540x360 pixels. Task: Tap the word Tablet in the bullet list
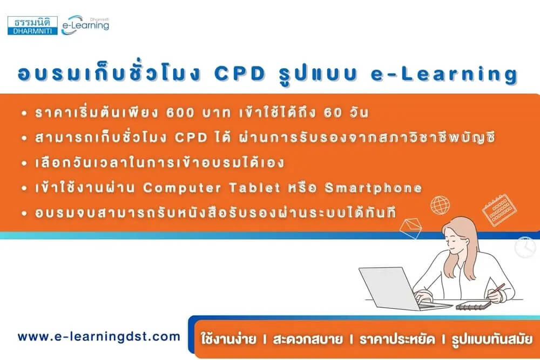255,187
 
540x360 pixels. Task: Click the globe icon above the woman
440,205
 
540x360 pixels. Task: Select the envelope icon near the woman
411,227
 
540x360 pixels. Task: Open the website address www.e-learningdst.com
99,336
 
